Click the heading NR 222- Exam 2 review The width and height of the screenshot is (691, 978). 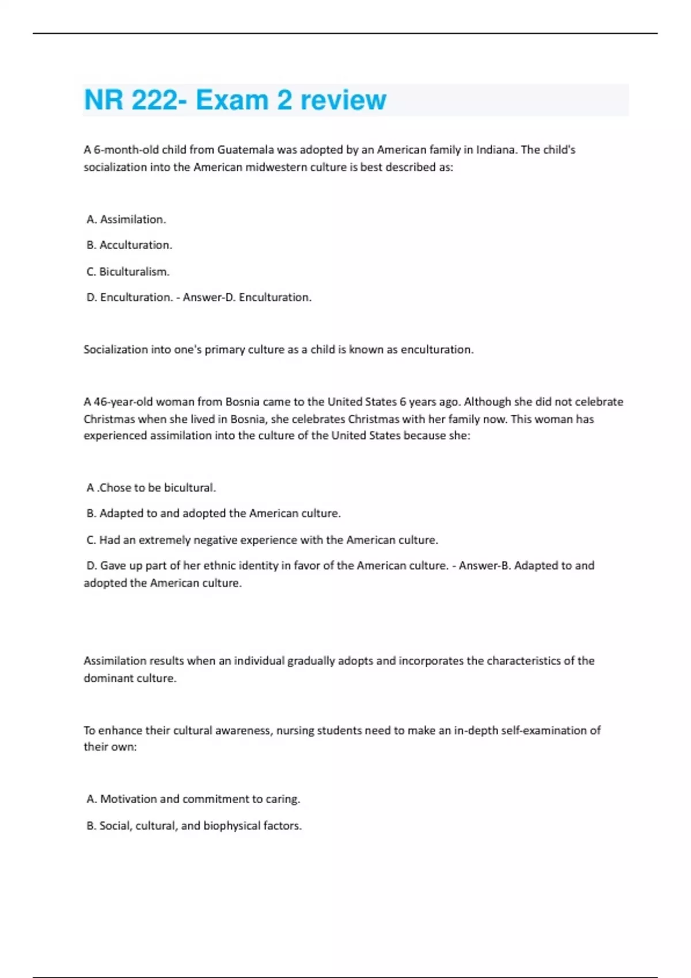(x=235, y=100)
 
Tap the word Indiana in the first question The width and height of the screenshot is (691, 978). (x=495, y=150)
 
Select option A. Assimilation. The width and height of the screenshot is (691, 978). (x=126, y=219)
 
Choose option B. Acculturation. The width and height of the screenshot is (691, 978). (x=129, y=245)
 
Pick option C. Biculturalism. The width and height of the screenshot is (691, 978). (x=128, y=272)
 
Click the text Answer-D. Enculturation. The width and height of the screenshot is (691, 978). (x=247, y=297)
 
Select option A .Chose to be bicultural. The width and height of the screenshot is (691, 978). (x=151, y=488)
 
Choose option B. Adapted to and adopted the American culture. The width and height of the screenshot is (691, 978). (x=213, y=513)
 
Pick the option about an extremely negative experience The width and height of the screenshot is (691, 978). (x=262, y=540)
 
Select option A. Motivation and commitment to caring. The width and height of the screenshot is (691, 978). (x=193, y=799)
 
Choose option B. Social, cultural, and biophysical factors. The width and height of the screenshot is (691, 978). (x=193, y=826)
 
